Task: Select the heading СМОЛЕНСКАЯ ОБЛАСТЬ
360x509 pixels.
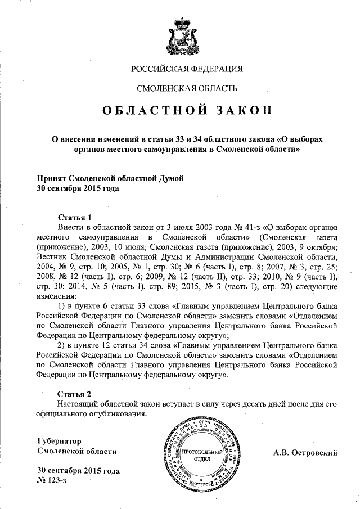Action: [x=187, y=88]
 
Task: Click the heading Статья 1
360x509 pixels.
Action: [x=75, y=217]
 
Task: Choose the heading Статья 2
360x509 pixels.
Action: [x=75, y=394]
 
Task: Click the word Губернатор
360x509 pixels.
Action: [x=60, y=442]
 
